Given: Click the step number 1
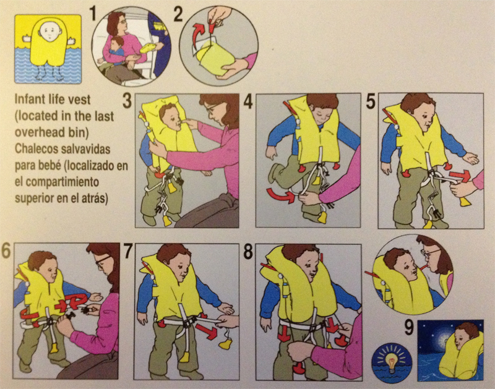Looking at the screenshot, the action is pyautogui.click(x=93, y=14).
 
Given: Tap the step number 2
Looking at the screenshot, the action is pyautogui.click(x=178, y=14).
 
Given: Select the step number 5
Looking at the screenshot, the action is pyautogui.click(x=371, y=101).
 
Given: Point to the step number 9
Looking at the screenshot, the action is pyautogui.click(x=409, y=328).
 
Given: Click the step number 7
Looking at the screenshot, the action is pyautogui.click(x=127, y=252).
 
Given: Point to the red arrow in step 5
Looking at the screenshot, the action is pyautogui.click(x=460, y=176).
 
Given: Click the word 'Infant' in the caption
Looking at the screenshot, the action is pyautogui.click(x=30, y=100).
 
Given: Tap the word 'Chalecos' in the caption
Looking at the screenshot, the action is pyautogui.click(x=37, y=148).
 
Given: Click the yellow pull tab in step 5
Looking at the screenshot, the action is pyautogui.click(x=465, y=201).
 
